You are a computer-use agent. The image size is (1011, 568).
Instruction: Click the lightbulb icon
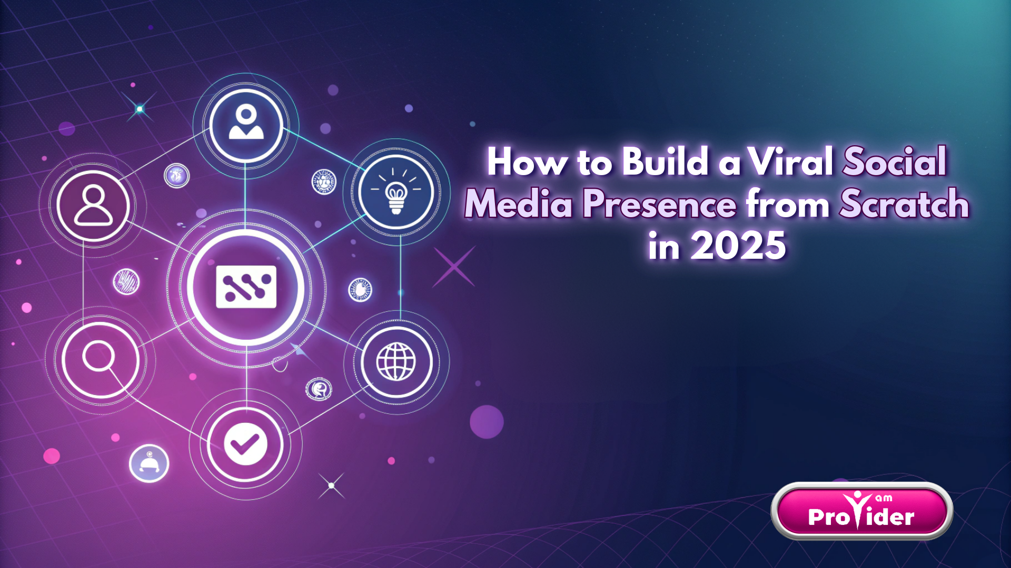[396, 192]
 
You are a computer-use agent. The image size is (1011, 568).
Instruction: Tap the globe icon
[396, 361]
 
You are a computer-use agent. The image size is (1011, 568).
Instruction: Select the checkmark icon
[245, 444]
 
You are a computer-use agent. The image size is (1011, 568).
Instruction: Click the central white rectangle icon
[246, 287]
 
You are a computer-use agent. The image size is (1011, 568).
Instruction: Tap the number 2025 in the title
[738, 246]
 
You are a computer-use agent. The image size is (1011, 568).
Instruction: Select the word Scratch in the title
[904, 204]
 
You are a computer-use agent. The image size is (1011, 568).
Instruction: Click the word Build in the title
[665, 161]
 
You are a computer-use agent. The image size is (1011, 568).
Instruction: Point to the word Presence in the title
[660, 204]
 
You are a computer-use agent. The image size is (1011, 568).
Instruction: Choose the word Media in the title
[518, 204]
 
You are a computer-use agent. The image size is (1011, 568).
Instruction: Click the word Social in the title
[894, 161]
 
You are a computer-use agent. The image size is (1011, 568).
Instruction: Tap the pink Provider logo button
[861, 511]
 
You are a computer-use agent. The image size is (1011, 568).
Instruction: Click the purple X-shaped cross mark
[453, 267]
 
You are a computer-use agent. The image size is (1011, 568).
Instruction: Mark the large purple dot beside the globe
[486, 422]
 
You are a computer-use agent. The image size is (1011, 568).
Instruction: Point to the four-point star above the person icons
[140, 109]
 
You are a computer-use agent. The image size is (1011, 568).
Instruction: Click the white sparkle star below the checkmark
[331, 485]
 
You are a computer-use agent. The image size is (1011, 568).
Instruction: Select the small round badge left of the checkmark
[149, 463]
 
